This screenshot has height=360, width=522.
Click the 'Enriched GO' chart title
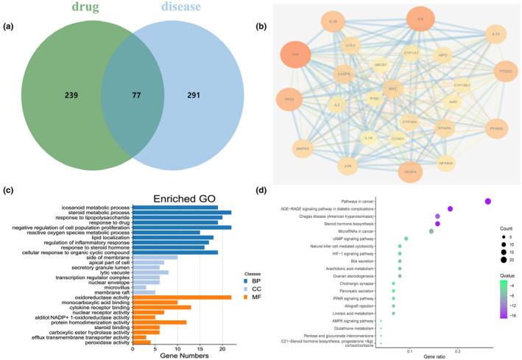tap(181, 199)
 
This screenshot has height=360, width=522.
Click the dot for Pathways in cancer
tap(487, 201)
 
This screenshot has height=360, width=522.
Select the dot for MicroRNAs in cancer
tap(431, 231)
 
